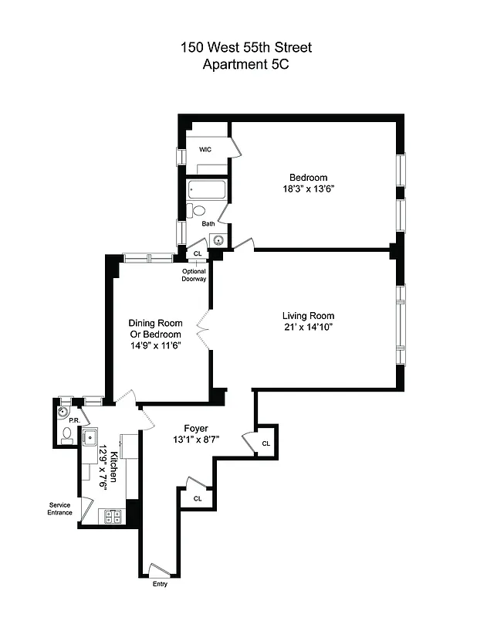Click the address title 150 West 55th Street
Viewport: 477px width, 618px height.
coord(246,48)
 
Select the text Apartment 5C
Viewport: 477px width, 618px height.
coord(246,65)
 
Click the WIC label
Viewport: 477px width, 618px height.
coord(205,149)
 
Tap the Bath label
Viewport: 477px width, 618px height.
coord(208,224)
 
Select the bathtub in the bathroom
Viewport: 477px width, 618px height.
coord(206,189)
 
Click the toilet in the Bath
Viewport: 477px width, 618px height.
coord(198,210)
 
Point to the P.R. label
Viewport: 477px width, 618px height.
coord(74,420)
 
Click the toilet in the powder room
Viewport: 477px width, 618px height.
coord(68,433)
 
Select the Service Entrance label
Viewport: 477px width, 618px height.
coord(59,509)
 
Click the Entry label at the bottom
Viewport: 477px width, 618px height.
coord(159,584)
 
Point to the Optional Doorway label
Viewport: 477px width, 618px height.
coord(194,275)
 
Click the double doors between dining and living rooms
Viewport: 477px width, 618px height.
coord(204,331)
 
